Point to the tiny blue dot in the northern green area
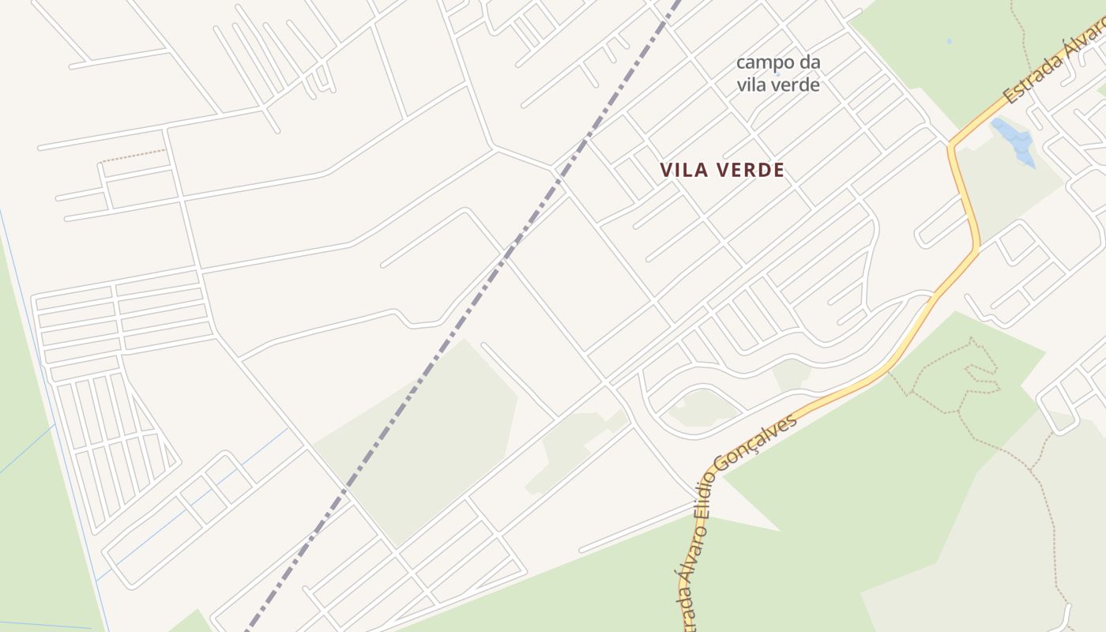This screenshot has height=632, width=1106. [949, 41]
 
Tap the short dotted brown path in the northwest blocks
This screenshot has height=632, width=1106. [133, 155]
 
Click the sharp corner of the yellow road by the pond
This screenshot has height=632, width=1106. [950, 145]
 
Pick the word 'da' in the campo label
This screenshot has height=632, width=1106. [809, 62]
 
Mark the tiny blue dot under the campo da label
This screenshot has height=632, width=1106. [777, 73]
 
